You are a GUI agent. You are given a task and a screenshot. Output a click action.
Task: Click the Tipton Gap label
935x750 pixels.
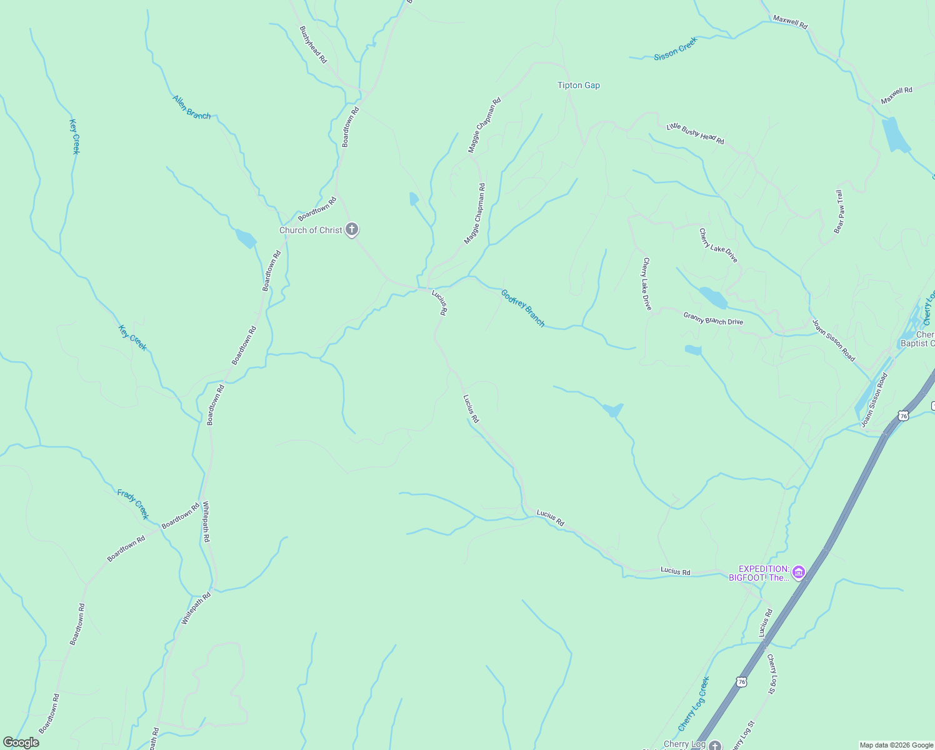pos(578,86)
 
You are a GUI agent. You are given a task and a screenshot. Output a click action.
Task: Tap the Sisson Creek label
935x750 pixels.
pos(675,49)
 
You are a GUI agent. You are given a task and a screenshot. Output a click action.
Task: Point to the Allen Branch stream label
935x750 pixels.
pos(191,107)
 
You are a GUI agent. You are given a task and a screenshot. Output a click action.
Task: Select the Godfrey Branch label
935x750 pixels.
pos(522,307)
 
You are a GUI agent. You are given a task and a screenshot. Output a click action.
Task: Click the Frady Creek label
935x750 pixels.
pos(133,504)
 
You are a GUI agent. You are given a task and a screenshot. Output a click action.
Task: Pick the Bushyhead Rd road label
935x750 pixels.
pos(313,44)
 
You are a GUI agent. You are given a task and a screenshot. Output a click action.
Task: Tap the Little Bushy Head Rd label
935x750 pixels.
pos(695,134)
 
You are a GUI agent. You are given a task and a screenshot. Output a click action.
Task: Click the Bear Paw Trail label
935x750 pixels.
pos(839,212)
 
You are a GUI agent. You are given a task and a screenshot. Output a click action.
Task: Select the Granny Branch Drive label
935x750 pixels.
pos(713,319)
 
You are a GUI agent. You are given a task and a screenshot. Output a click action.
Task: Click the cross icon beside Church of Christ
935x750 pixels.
pos(352,229)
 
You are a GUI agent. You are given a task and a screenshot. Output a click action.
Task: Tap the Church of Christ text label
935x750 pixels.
pos(311,230)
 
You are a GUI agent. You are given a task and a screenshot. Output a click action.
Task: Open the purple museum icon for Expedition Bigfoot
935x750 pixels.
pos(798,572)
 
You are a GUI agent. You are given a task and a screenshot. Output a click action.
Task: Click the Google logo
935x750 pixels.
pos(21,742)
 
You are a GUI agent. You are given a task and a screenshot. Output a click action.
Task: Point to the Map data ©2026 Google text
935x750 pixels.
pos(896,745)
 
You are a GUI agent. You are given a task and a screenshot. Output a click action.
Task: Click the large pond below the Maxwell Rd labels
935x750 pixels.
pos(895,135)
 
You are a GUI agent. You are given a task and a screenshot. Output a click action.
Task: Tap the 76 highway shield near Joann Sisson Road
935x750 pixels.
pos(902,416)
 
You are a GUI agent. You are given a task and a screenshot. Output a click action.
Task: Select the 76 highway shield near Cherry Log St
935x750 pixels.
pos(741,681)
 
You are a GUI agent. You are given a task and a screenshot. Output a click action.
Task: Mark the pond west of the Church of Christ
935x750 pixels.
pos(246,239)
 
